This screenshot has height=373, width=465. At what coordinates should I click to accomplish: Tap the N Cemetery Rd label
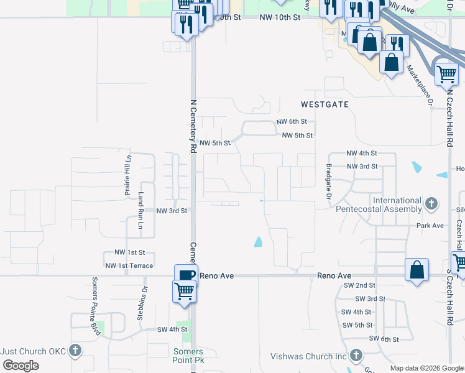193,126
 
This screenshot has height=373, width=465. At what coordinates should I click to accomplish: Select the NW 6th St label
291,122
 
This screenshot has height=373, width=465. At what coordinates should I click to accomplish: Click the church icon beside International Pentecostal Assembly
430,203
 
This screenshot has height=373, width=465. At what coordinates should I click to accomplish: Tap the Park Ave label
430,226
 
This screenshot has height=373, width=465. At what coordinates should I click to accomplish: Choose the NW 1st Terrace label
129,266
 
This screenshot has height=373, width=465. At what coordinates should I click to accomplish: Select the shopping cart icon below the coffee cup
185,290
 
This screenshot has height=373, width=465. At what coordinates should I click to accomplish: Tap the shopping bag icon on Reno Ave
417,270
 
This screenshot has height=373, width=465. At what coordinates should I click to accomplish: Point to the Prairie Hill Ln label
128,175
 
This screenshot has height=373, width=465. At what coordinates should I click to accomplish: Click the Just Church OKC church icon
75,351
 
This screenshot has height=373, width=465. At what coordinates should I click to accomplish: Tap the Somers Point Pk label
188,356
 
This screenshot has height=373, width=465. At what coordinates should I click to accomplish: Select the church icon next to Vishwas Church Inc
356,356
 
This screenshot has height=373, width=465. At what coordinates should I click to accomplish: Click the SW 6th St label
383,338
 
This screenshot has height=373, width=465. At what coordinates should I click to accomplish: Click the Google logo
21,366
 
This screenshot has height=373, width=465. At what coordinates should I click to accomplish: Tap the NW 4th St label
362,153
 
